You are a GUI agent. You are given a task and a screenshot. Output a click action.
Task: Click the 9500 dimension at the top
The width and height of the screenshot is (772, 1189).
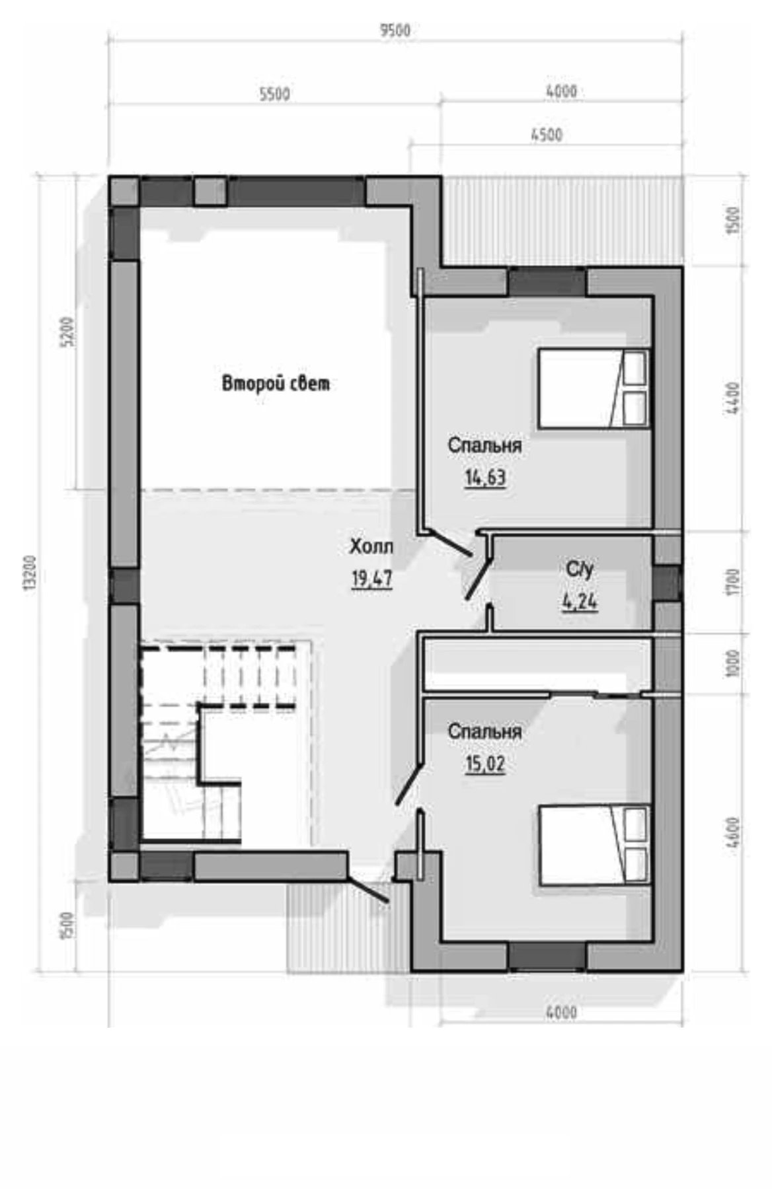tap(395, 30)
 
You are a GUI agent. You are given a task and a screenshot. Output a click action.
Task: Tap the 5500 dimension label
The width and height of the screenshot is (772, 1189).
tap(274, 94)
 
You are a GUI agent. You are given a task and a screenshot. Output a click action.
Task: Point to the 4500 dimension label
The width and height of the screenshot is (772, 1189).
tap(547, 135)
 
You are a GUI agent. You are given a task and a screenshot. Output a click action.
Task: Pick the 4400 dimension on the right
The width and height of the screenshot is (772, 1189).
tap(733, 398)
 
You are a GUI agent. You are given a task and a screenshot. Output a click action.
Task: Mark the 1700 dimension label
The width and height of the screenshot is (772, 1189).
tap(733, 582)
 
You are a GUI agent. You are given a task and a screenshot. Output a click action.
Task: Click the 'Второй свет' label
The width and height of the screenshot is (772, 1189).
tap(276, 383)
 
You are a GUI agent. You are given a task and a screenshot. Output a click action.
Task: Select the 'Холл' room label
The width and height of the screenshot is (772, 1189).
tap(371, 546)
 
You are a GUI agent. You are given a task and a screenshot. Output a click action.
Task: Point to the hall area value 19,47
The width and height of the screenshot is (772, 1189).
tap(371, 579)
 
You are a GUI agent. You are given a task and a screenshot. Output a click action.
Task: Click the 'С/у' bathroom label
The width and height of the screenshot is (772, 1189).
tap(580, 569)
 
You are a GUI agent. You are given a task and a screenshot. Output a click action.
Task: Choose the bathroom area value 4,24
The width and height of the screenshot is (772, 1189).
tap(580, 602)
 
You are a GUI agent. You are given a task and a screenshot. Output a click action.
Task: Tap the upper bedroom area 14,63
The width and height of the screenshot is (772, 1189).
tap(486, 477)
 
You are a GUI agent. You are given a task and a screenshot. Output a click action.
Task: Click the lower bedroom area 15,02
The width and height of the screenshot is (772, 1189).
tap(486, 764)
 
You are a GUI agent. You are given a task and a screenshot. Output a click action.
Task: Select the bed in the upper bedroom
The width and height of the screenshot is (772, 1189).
tap(594, 388)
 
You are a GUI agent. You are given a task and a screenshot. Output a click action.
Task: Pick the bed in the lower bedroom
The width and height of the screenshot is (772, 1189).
tap(594, 844)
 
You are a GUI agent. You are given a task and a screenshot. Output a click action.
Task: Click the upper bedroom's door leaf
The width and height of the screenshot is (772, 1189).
tap(449, 543)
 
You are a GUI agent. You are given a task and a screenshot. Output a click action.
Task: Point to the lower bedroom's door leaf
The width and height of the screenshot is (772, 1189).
tap(409, 785)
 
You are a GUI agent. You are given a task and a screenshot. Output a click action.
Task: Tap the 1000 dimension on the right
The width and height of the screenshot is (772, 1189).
tap(733, 664)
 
